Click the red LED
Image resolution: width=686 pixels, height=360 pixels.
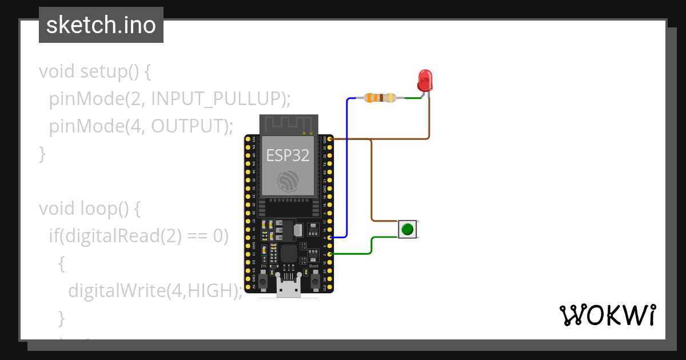[425, 81]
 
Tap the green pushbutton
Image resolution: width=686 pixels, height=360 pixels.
[407, 230]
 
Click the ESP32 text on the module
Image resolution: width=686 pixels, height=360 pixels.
[288, 154]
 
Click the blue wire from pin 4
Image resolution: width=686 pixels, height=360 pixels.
[346, 171]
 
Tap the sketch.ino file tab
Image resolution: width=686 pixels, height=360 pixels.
[101, 25]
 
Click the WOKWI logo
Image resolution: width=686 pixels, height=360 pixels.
[607, 315]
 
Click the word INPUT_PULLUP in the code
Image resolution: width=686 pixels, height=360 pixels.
[217, 99]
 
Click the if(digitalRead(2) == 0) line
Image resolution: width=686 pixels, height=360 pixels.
[138, 236]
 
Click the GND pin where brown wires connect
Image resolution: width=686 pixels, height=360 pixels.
[330, 139]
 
